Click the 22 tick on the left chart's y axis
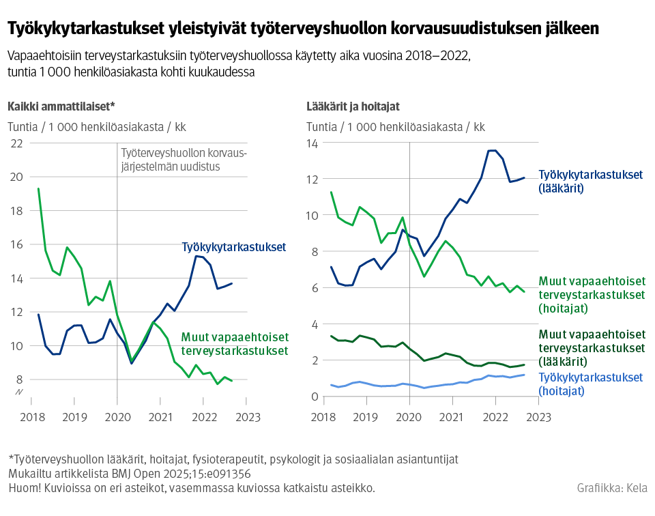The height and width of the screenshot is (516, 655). (x=16, y=143)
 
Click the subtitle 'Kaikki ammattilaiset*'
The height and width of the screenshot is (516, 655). (x=61, y=106)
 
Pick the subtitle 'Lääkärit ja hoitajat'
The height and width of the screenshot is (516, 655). (x=353, y=106)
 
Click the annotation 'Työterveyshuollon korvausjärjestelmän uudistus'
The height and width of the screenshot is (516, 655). (x=182, y=160)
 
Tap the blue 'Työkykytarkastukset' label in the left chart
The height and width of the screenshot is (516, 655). (x=233, y=247)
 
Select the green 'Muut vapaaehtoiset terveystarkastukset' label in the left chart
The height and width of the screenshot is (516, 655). (x=235, y=344)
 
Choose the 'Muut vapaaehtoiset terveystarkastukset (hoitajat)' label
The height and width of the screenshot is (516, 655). (x=592, y=294)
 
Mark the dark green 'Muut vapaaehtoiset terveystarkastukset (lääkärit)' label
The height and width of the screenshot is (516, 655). (x=592, y=347)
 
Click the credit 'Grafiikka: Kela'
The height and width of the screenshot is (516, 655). (x=612, y=488)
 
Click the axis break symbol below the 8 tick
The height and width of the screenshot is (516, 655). (x=19, y=392)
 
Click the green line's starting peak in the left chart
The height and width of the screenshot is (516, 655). (x=38, y=188)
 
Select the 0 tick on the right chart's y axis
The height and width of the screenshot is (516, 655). (x=315, y=397)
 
